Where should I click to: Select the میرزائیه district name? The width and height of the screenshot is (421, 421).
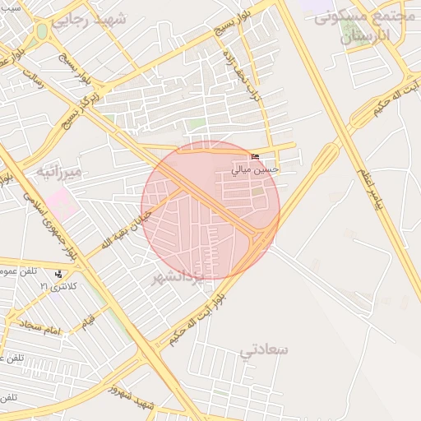[58, 173]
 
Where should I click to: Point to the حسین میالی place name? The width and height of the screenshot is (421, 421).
[255, 170]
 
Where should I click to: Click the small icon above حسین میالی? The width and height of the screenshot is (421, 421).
[255, 158]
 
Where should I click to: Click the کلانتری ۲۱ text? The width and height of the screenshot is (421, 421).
[58, 285]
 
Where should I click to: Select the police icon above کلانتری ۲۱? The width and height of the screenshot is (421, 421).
[58, 274]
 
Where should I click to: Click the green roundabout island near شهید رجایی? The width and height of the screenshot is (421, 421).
[41, 32]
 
